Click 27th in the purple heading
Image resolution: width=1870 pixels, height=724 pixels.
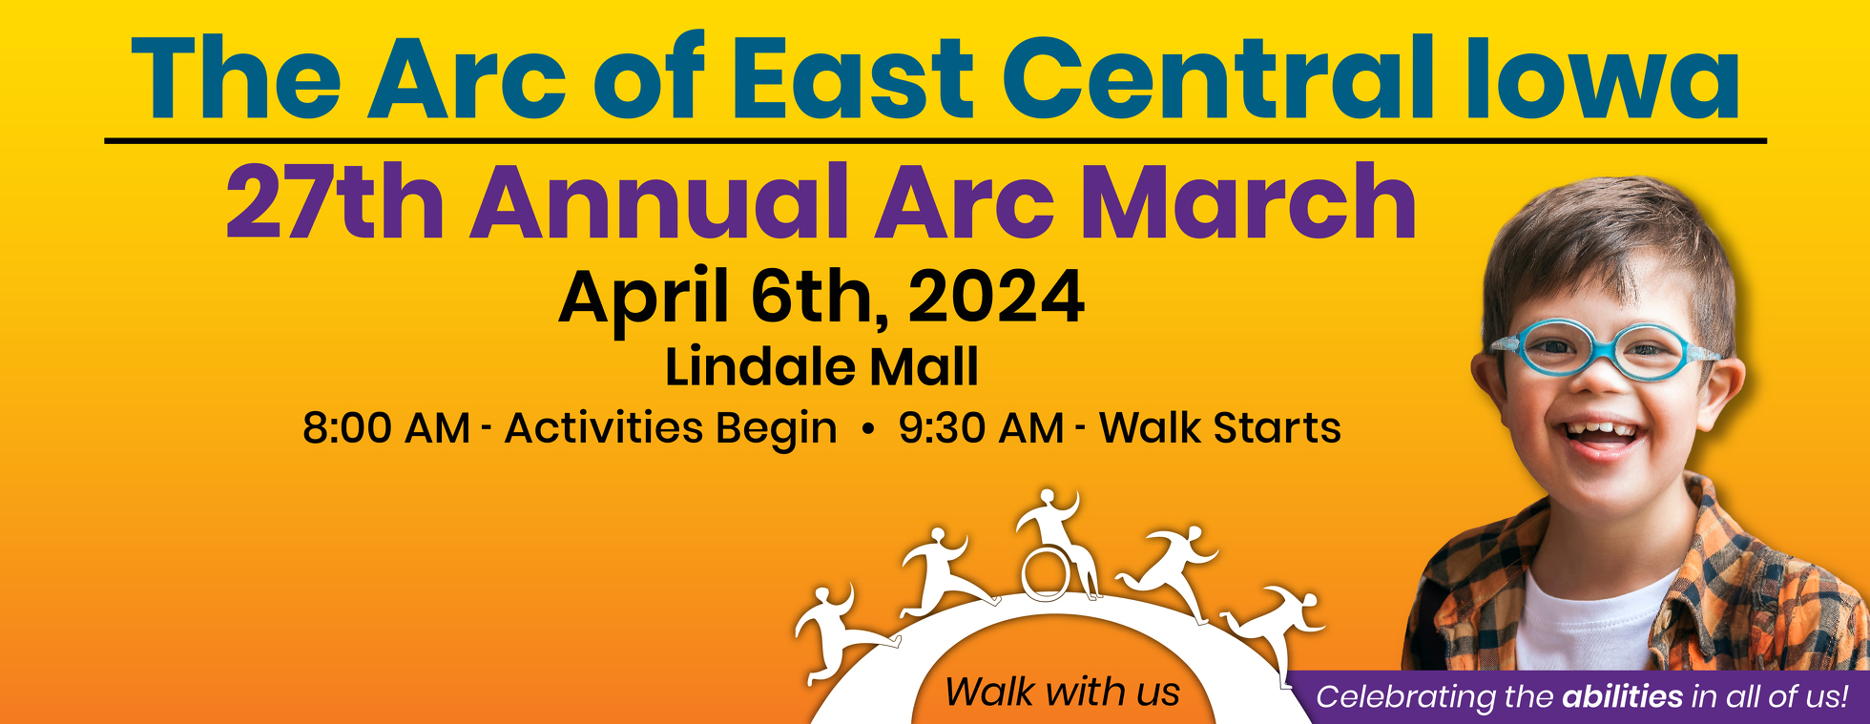[335, 202]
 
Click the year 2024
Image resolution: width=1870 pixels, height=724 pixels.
[996, 297]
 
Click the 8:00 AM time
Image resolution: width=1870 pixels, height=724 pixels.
[386, 428]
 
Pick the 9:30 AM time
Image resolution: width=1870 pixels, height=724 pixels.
[981, 428]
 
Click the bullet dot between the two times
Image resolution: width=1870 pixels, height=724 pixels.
[867, 429]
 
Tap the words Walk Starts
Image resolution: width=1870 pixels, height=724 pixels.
[1220, 427]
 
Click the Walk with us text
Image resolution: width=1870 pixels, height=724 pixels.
[1062, 692]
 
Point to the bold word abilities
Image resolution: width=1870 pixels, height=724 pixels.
[1622, 696]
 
